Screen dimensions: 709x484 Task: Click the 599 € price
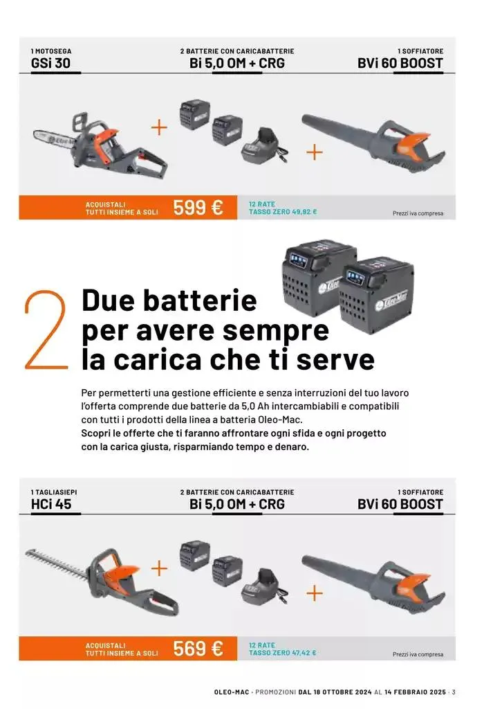198,207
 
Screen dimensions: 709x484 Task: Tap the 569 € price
198,648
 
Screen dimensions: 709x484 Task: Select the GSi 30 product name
50,64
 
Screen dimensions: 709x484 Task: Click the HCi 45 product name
51,504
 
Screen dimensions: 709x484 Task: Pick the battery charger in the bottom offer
263,586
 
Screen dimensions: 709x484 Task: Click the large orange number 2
46,330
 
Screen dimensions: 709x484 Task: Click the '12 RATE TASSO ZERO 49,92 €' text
282,208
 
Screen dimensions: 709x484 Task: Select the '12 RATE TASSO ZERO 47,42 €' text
282,649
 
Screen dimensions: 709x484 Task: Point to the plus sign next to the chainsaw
159,127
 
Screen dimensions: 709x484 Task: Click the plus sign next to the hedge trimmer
159,568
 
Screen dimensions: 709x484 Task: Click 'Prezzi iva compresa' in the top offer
418,214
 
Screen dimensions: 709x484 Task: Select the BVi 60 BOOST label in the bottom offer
400,504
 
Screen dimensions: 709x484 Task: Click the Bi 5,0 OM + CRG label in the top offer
236,64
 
